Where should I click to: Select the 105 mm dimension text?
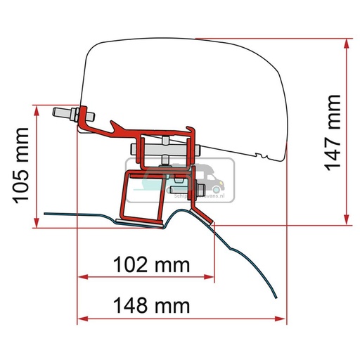tap(23, 165)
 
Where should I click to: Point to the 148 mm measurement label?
tap(150, 306)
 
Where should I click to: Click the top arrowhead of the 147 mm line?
tap(347, 43)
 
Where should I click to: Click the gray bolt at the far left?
tap(65, 113)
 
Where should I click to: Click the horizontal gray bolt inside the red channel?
tap(166, 149)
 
